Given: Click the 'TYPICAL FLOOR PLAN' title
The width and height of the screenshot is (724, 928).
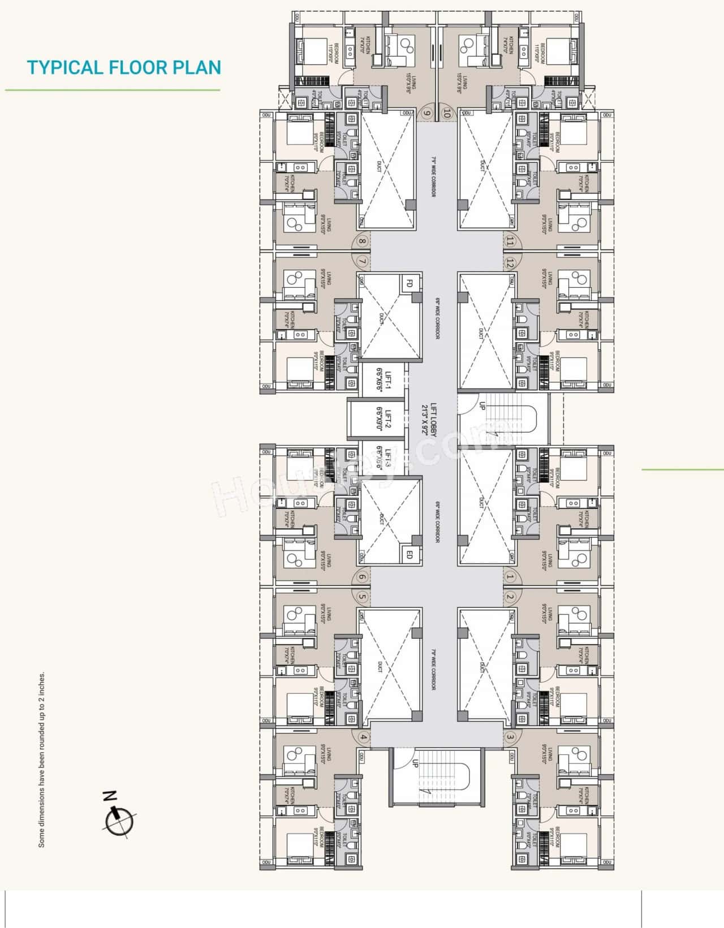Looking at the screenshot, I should [x=124, y=67].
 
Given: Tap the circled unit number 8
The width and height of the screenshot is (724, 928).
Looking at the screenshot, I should [x=363, y=242].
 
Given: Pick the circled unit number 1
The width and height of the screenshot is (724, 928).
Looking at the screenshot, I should [x=510, y=577].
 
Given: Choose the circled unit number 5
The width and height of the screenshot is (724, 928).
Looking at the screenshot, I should [x=363, y=597].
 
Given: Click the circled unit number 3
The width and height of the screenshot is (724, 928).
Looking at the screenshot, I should [x=510, y=737].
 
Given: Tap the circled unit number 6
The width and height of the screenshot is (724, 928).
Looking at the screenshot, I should [x=363, y=577].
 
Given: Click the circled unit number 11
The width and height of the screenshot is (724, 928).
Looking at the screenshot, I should [x=510, y=242].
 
